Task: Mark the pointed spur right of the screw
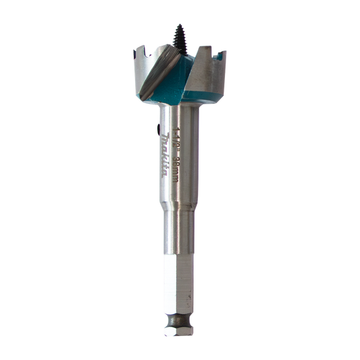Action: (x=198, y=54)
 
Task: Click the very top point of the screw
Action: (x=179, y=25)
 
